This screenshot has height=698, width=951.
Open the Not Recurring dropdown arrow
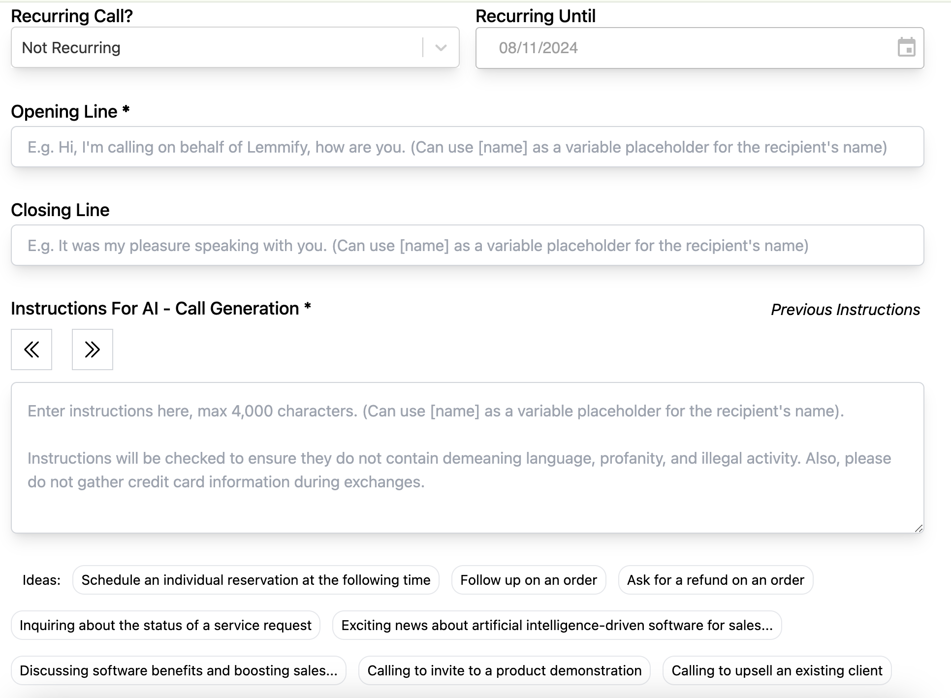click(x=441, y=48)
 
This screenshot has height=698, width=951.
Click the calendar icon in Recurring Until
click(x=906, y=48)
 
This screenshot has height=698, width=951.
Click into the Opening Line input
click(x=467, y=147)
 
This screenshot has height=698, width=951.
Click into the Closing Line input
click(x=467, y=246)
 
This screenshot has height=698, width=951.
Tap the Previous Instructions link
click(x=845, y=310)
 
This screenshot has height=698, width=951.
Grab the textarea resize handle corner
click(x=919, y=528)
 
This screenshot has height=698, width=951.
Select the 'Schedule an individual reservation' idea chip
click(x=255, y=580)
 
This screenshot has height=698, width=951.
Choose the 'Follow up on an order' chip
click(x=528, y=580)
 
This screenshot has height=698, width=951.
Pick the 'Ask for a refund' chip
click(x=715, y=580)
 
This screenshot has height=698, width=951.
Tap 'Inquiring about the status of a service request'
click(x=165, y=625)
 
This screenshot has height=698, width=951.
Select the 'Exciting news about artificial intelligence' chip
click(x=557, y=625)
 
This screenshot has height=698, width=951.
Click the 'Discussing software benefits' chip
click(x=178, y=670)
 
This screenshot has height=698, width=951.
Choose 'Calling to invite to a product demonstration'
click(x=504, y=670)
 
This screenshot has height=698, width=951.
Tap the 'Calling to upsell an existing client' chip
click(x=777, y=670)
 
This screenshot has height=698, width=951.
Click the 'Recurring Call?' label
click(x=72, y=16)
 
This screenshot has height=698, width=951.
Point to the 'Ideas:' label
click(x=41, y=580)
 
